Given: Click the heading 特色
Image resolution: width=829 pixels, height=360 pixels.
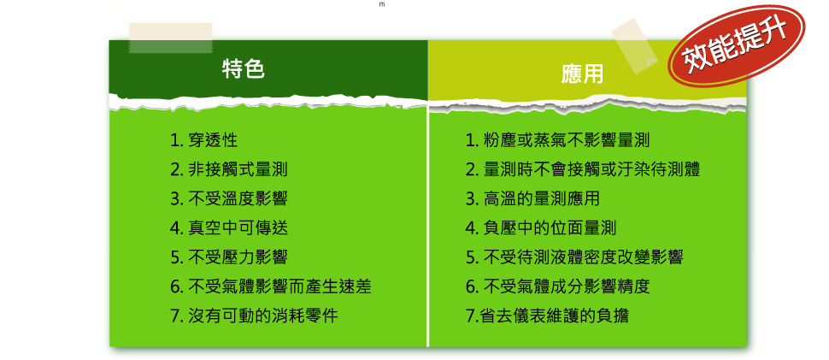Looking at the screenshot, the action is [x=244, y=69].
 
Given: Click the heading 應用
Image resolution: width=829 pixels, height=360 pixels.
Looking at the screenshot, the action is [x=582, y=75].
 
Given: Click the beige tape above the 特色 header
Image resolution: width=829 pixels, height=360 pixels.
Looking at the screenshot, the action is [x=171, y=38].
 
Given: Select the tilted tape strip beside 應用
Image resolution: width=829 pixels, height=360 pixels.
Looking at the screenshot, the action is [x=634, y=45].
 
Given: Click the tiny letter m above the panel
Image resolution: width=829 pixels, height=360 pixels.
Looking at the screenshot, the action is [x=382, y=4].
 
